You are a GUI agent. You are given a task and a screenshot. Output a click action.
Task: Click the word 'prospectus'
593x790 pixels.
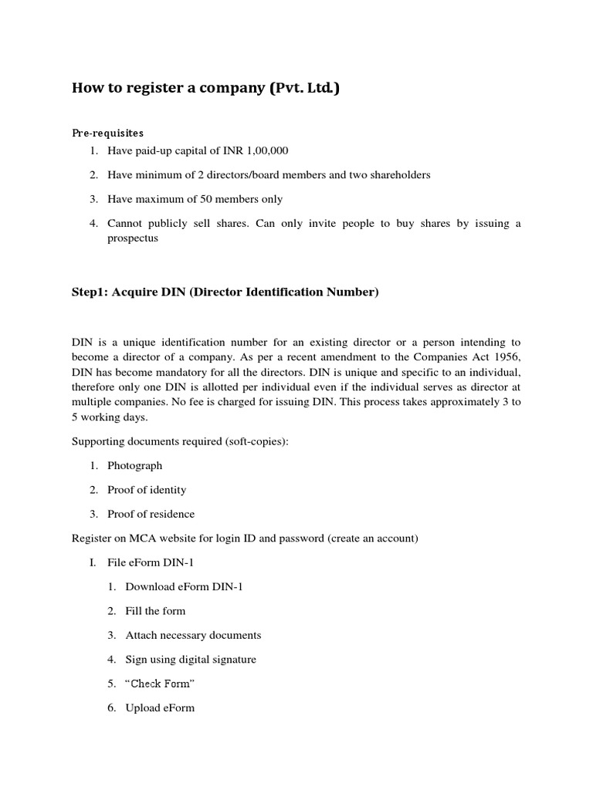tap(132, 238)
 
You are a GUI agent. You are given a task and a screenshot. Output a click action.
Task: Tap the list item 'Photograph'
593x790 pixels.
tap(134, 465)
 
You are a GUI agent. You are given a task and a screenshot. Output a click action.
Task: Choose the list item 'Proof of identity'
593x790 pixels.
tap(147, 489)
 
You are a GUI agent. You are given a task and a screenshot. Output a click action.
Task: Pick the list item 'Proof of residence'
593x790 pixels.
tap(151, 514)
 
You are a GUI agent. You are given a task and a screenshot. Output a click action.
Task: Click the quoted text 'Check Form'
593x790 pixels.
tap(161, 684)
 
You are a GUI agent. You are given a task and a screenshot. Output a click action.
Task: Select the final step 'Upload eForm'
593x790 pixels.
tap(160, 707)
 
